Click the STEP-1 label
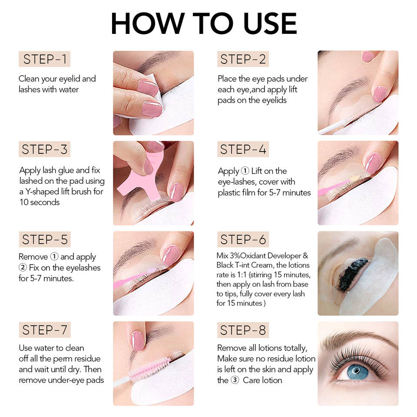pyautogui.click(x=44, y=59)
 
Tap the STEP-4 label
pyautogui.click(x=243, y=149)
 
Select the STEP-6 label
pyautogui.click(x=243, y=239)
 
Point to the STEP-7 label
pyautogui.click(x=44, y=330)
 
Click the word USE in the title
pyautogui.click(x=270, y=23)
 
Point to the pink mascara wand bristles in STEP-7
pyautogui.click(x=150, y=368)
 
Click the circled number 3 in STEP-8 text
pyautogui.click(x=235, y=380)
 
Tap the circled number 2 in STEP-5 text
pyautogui.click(x=23, y=267)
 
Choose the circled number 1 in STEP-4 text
pyautogui.click(x=245, y=171)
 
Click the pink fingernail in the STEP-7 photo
pyautogui.click(x=138, y=341)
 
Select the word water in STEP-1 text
pyautogui.click(x=69, y=89)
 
